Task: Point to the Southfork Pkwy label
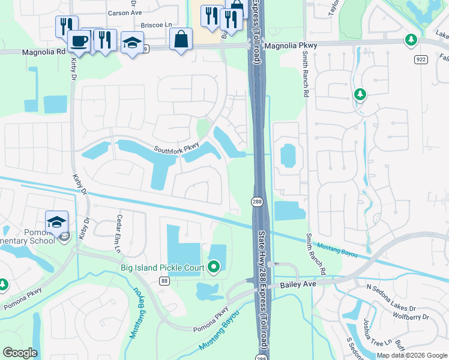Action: [x=176, y=148]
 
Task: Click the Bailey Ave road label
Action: [x=299, y=285]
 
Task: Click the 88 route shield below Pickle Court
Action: [x=164, y=281]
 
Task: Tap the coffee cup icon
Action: [x=79, y=40]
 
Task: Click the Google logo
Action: [x=20, y=353]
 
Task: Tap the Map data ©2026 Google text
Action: [x=411, y=355]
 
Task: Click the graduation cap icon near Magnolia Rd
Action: [x=132, y=43]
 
